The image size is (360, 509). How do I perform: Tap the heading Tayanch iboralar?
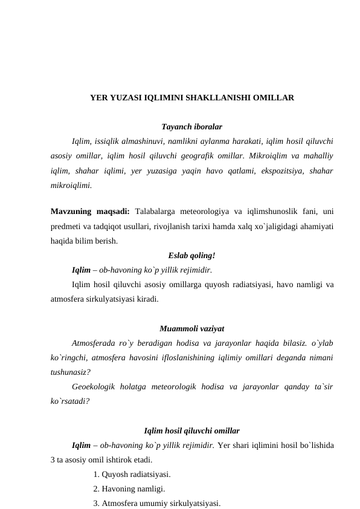pos(192,127)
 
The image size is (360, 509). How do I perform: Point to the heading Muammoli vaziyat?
pos(192,329)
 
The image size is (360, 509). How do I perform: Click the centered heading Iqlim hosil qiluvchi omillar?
pos(192,431)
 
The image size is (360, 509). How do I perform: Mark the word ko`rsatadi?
pos(71,400)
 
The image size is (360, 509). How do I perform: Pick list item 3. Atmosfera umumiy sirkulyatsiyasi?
pos(156,503)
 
